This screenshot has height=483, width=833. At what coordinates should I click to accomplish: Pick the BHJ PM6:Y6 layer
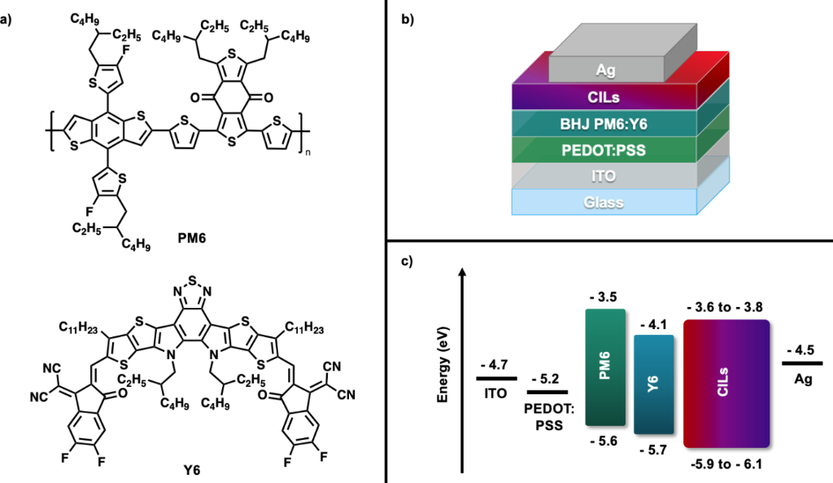[x=604, y=124]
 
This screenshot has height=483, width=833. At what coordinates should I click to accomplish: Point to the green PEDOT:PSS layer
[x=604, y=149]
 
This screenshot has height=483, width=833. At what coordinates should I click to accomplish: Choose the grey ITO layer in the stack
[x=604, y=175]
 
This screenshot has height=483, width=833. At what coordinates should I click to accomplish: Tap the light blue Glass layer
[x=604, y=201]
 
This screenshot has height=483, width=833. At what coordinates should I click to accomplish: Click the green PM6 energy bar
[x=604, y=367]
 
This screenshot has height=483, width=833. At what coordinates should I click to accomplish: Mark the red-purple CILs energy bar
[x=726, y=383]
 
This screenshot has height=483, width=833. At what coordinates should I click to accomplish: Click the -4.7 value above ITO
[x=495, y=366]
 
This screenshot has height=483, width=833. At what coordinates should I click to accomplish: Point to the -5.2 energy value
[x=548, y=380]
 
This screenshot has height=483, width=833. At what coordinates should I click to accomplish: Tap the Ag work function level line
[x=802, y=362]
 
